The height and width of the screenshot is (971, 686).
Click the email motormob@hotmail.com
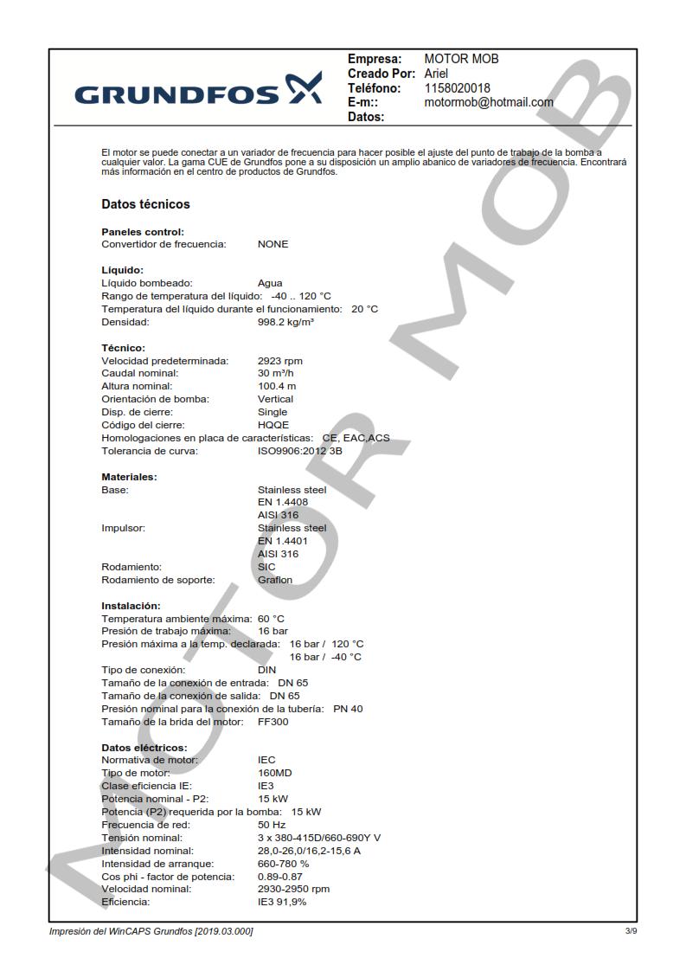[x=489, y=102]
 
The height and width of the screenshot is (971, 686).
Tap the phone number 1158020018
[x=458, y=88]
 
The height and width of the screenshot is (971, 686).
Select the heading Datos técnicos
[x=145, y=204]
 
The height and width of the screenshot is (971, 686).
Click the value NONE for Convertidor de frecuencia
[x=272, y=244]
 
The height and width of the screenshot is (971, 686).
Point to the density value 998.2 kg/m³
[x=285, y=322]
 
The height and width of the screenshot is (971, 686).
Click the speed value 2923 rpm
[x=280, y=361]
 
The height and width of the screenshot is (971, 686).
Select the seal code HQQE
[x=273, y=425]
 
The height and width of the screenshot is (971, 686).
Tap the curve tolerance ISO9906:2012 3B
[x=299, y=451]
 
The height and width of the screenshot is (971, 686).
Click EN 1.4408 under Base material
[x=282, y=503]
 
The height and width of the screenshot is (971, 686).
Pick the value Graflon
[x=275, y=580]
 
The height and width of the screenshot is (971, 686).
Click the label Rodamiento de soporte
[x=158, y=580]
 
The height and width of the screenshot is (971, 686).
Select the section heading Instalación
[x=131, y=606]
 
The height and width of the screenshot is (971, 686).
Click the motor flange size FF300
[x=273, y=722]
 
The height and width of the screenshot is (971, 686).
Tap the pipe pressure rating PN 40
[x=348, y=709]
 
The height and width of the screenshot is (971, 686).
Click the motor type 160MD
[x=275, y=773]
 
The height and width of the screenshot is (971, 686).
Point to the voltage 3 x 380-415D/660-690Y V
[x=318, y=838]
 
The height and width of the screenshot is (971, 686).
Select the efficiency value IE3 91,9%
[x=282, y=902]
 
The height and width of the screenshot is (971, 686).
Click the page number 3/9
[x=631, y=931]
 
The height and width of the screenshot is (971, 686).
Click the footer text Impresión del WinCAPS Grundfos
[x=151, y=931]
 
